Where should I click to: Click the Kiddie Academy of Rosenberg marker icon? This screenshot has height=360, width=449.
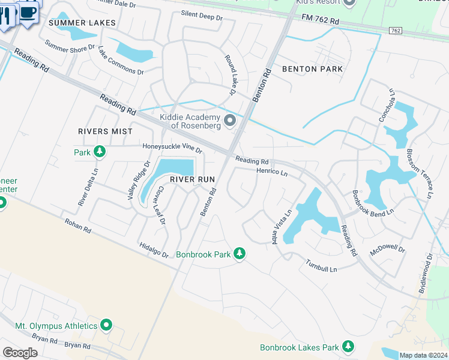(229, 122)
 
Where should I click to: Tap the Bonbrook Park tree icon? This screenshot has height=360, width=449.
(240, 254)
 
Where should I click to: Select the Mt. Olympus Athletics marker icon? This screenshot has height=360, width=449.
(106, 325)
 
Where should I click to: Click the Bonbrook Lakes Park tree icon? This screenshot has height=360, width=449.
(348, 347)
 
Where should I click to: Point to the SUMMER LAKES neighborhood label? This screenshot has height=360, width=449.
(82, 23)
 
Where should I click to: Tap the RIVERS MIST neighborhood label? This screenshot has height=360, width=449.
(104, 131)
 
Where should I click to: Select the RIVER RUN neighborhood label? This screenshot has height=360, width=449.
(192, 179)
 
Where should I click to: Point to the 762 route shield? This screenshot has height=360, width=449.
(396, 30)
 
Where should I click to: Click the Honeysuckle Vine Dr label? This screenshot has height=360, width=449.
(172, 147)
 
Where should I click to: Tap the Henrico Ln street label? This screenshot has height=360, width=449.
(273, 172)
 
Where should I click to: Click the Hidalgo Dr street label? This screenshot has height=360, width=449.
(154, 250)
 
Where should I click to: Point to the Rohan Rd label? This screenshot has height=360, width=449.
(78, 226)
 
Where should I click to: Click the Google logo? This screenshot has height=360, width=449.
(20, 353)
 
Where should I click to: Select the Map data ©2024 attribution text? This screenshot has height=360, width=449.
(423, 355)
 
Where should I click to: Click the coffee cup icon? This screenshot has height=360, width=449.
(28, 11)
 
